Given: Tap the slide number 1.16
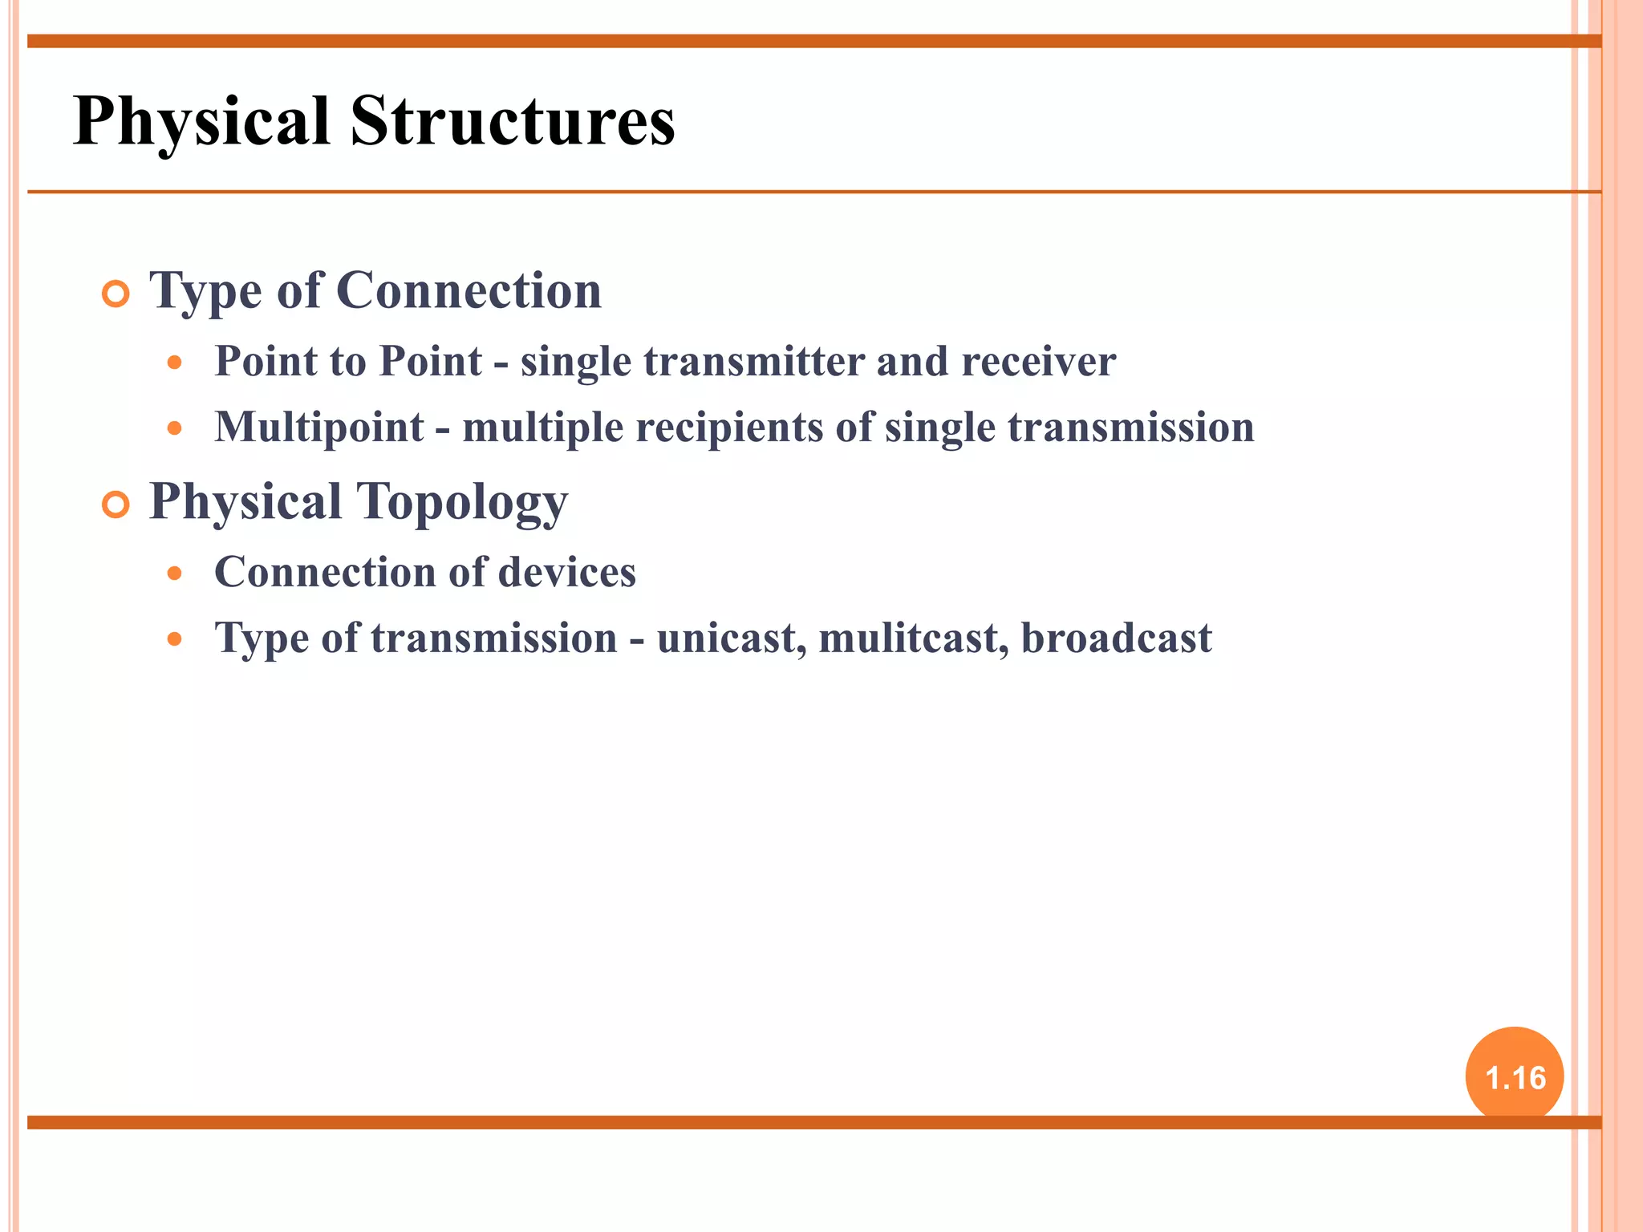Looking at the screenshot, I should [x=1515, y=1078].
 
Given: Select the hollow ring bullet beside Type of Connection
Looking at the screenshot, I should [x=116, y=294].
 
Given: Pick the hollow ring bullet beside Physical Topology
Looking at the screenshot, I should [x=116, y=505].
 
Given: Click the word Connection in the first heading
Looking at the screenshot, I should [x=469, y=290].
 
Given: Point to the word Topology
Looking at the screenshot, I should [x=461, y=503].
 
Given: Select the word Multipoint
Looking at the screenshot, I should [x=319, y=428].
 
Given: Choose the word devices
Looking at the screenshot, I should [x=566, y=573].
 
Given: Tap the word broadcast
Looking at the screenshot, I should [x=1116, y=638].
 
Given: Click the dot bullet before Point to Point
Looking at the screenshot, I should [x=175, y=363].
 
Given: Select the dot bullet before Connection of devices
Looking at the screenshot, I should [x=175, y=573].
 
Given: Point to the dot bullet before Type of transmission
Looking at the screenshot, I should [x=175, y=639].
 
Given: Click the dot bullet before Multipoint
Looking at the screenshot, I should [x=175, y=428].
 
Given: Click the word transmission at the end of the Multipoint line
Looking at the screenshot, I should [x=1130, y=428].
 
